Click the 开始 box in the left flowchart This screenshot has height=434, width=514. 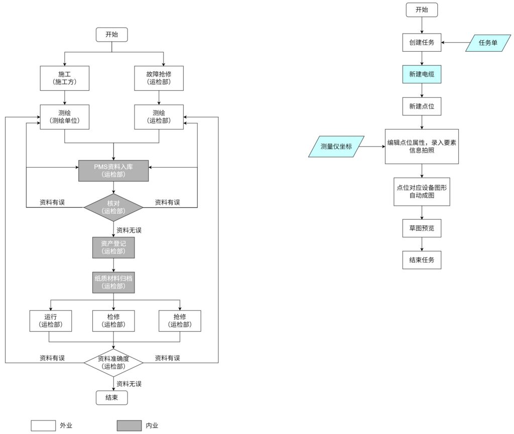coord(112,35)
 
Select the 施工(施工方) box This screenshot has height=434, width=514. coord(64,78)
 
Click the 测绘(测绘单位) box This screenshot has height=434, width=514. coord(64,116)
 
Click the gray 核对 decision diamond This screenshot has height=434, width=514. coord(113,207)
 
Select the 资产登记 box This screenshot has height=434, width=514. coord(113,247)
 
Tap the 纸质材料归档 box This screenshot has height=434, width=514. coord(113,282)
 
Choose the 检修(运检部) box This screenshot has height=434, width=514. coord(113,321)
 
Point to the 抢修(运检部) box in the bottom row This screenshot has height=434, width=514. coord(180,321)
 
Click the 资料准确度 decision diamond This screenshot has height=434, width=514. coord(113,362)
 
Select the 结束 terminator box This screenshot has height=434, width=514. coord(112,397)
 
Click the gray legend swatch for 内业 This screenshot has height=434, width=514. coord(129,425)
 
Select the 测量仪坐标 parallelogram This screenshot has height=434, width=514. coord(336,147)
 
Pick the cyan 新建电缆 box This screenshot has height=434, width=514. coord(422,74)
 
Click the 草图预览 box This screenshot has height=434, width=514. coord(422,228)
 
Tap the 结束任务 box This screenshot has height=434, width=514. coord(422,260)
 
